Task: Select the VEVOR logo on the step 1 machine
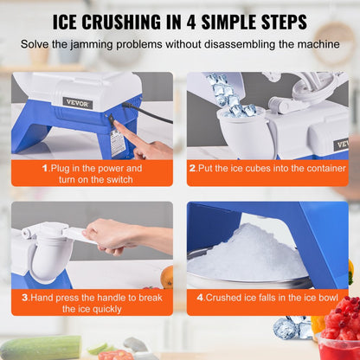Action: [76, 103]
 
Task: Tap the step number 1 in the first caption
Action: [43, 168]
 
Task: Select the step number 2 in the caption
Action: [191, 168]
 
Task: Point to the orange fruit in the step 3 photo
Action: [167, 277]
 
